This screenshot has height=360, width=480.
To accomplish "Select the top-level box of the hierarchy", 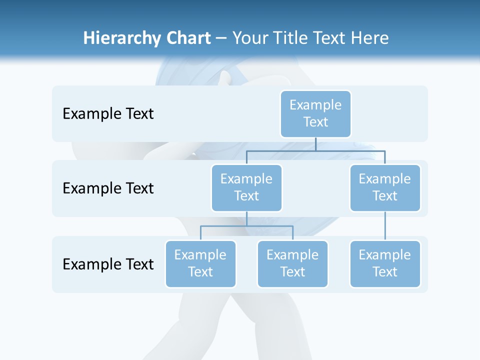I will point(315,114).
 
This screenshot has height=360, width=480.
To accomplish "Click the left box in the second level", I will point(246,188).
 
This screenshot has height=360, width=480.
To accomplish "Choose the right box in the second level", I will point(385,188).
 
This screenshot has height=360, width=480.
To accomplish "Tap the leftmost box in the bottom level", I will point(200,264).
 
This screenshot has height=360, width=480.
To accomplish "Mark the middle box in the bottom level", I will point(292,264).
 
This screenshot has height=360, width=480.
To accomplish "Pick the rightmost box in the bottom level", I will point(385,264).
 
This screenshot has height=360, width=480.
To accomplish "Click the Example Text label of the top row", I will point(108,114).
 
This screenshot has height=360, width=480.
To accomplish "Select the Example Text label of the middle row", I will point(108,188).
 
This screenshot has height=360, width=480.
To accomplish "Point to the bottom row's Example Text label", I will point(108,264).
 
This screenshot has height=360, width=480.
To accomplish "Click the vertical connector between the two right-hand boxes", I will point(385,226).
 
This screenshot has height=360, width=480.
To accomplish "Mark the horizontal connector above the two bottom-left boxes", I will point(246,226).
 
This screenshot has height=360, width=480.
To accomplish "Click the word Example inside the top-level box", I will point(315,105).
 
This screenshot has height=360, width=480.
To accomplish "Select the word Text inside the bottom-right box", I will point(385,272).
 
